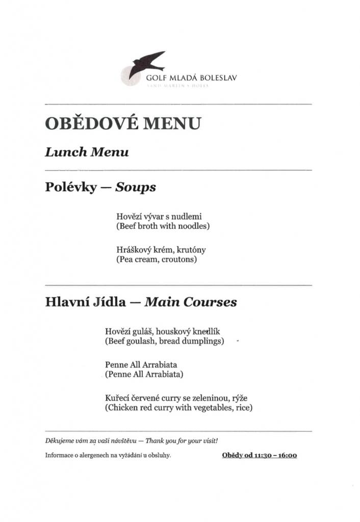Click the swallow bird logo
click(x=146, y=64)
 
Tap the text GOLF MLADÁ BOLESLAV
click(x=191, y=79)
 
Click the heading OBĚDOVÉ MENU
click(x=122, y=123)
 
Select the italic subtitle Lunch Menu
click(x=86, y=152)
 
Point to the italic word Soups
click(x=135, y=187)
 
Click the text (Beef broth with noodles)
click(x=163, y=225)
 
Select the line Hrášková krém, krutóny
click(x=161, y=250)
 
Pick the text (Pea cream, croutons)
click(x=156, y=259)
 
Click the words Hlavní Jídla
click(x=85, y=302)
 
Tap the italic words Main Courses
click(x=191, y=302)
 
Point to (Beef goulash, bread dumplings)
click(x=164, y=341)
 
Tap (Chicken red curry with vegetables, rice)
click(x=178, y=408)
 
